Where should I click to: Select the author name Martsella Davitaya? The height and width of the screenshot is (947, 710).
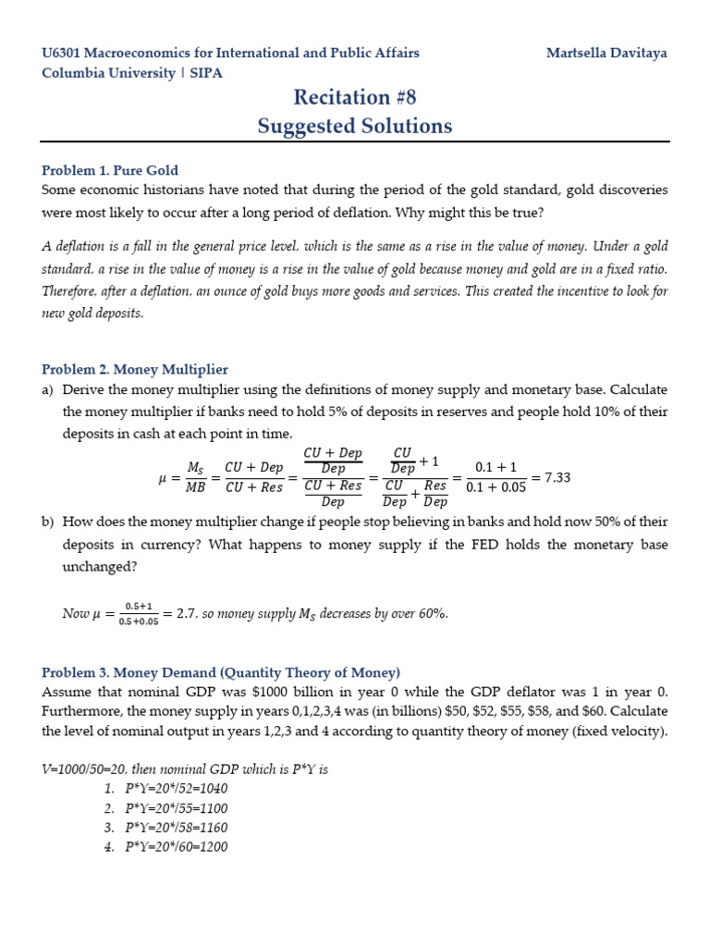606,53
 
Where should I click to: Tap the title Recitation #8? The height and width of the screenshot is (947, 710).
355,97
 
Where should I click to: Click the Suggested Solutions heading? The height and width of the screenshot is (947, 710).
355,126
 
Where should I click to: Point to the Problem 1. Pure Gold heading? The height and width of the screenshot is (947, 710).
110,170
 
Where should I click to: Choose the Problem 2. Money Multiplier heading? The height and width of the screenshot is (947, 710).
135,369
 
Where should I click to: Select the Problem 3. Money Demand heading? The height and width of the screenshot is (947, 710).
221,671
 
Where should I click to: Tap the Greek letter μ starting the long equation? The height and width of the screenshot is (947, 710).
164,478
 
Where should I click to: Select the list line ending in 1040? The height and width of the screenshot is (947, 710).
177,789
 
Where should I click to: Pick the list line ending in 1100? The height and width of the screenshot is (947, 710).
177,808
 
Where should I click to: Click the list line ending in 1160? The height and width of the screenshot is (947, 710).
177,828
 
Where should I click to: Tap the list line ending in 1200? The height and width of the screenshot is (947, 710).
177,847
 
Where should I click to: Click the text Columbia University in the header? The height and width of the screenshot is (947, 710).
108,72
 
